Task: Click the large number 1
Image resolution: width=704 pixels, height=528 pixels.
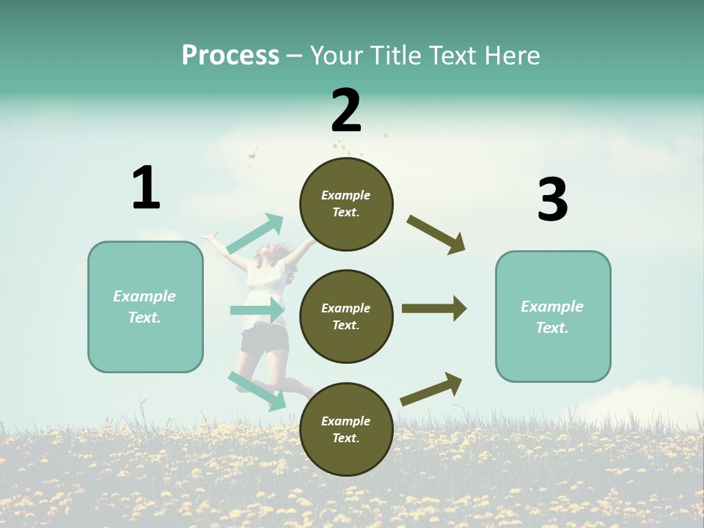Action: click(146, 188)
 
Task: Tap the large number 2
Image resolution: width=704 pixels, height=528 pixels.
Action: click(346, 111)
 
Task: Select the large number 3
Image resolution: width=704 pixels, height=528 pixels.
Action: click(552, 199)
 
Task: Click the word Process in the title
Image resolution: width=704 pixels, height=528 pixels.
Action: click(230, 56)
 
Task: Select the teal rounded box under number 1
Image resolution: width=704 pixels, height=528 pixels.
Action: click(145, 307)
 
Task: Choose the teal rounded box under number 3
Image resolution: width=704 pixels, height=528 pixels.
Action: click(553, 317)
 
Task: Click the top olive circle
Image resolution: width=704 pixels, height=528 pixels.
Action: click(346, 204)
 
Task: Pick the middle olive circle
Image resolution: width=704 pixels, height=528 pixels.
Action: click(346, 317)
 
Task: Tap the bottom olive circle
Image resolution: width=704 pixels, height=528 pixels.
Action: click(346, 430)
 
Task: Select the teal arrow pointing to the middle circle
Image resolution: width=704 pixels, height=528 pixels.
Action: click(257, 310)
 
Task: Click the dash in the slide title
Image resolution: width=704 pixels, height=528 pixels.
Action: click(295, 56)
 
